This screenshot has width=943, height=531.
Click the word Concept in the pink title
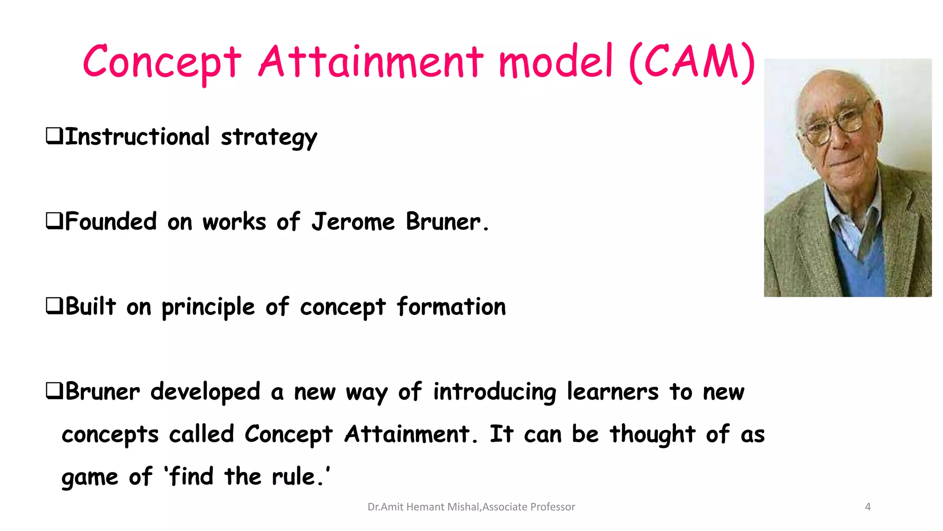pos(162,62)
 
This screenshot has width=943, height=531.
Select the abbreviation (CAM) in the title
pos(692,62)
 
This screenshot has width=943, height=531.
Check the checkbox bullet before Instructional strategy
pos(54,136)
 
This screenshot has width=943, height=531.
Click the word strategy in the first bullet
pos(269,137)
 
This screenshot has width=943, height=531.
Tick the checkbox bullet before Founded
pos(54,220)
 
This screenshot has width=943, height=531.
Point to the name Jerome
pos(353,222)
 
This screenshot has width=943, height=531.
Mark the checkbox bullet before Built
pos(54,306)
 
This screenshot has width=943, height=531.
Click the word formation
pos(451,307)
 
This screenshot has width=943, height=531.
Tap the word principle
pos(208,307)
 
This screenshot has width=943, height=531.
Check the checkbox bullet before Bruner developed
pos(54,391)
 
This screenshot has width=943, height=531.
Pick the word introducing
pos(495,392)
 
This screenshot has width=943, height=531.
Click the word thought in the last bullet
pos(652,434)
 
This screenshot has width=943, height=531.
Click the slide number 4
pos(868,507)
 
